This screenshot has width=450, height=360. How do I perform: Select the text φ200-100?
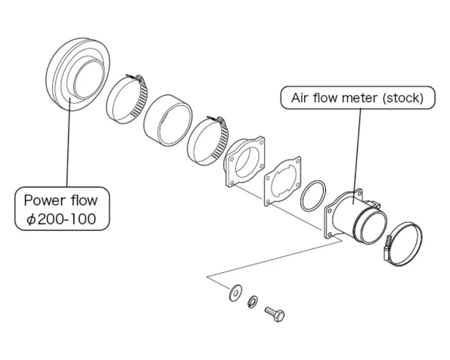coord(61,219)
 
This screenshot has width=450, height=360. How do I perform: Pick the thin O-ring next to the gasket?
coord(314,196)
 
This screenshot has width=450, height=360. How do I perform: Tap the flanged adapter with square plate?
coord(245,161)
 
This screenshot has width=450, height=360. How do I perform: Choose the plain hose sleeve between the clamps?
coord(168,120)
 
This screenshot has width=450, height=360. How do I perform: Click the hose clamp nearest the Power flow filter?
coord(126,99)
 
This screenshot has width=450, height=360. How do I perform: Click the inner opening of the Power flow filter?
coord(88,79)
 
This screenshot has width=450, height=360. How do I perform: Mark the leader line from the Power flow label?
coord(68,144)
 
